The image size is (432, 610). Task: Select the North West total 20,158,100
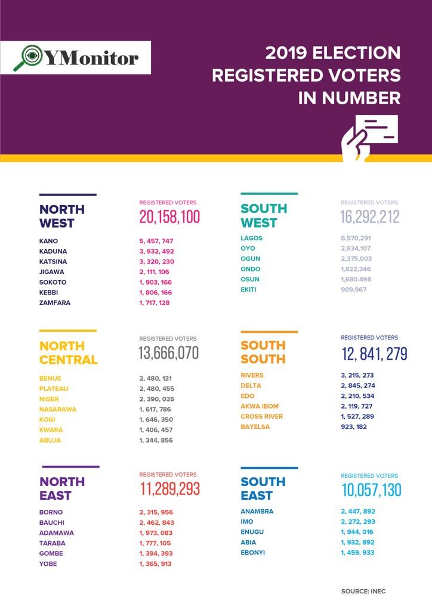point(169,217)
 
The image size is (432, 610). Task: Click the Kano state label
point(48,241)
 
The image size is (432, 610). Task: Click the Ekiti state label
point(249,290)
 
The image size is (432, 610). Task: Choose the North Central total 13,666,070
point(169,353)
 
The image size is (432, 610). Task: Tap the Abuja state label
point(50,440)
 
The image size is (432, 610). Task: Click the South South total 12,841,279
point(374,354)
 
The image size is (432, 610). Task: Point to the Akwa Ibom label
point(260,406)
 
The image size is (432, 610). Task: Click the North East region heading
point(62,488)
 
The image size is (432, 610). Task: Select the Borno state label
point(51,512)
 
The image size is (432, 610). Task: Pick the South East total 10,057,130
point(371,490)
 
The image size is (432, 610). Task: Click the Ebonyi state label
point(253,553)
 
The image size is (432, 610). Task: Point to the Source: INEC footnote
point(363,592)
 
